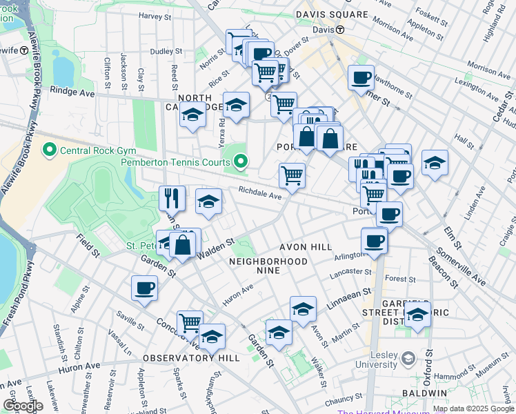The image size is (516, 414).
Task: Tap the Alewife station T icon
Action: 24,50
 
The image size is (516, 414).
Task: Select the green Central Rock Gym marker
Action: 50,149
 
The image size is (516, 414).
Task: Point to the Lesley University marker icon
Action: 408,359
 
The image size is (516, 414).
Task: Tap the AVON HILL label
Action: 306,247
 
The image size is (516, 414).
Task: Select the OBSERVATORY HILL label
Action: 191,358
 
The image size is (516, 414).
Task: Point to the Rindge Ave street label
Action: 72,91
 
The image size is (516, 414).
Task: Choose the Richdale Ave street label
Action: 261,195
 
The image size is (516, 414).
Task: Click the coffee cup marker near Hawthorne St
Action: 361,77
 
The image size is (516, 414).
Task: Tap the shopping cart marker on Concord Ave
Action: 190,322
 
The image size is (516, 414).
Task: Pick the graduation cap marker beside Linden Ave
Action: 435,163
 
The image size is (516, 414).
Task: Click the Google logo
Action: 23,406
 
